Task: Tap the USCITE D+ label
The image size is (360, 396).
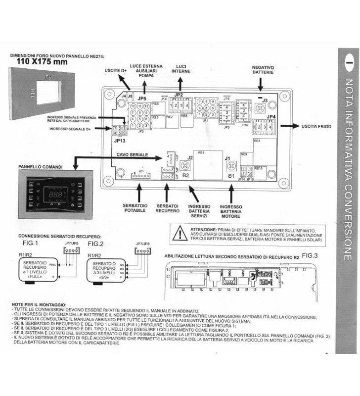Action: pos(116,71)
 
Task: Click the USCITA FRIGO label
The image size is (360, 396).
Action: pos(316,127)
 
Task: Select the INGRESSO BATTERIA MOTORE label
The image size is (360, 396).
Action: pos(230,212)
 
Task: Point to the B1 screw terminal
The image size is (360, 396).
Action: pos(229,167)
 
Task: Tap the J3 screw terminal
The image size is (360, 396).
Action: pos(257,106)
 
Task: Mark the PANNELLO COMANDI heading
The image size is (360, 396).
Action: pos(39,168)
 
